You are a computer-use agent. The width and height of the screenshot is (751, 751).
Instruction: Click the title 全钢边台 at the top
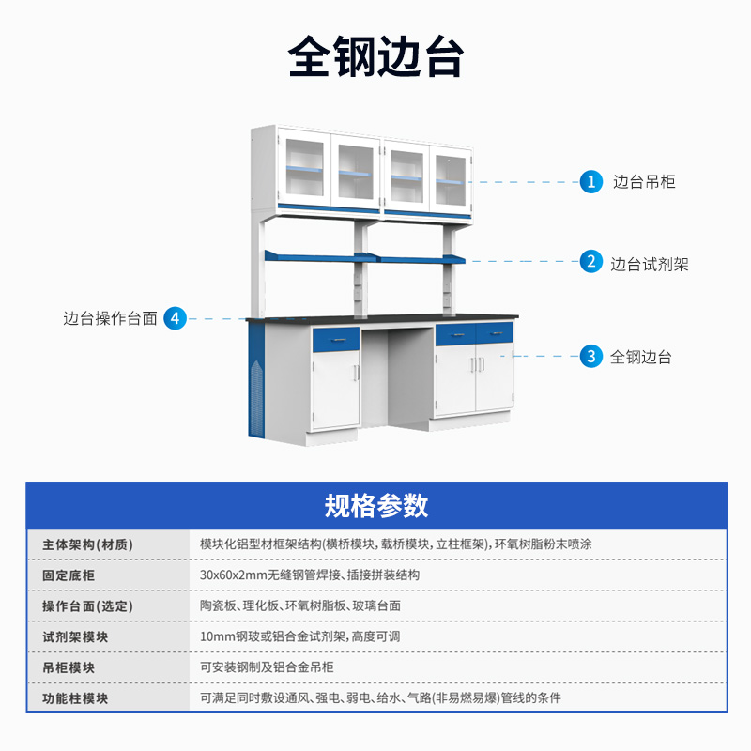[x=375, y=57]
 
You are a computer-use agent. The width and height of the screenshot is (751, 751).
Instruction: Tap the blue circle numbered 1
[x=590, y=182]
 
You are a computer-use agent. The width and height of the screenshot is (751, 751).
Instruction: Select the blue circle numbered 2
[x=590, y=262]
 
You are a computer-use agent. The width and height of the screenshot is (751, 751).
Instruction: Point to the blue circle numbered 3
[x=590, y=357]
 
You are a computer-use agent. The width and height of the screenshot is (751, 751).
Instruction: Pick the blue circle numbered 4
[x=176, y=318]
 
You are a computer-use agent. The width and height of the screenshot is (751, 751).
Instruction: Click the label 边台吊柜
[x=644, y=182]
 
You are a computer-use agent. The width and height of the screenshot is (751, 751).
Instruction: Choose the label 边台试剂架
[x=650, y=264]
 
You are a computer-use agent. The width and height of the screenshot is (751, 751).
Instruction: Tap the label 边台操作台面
[x=110, y=318]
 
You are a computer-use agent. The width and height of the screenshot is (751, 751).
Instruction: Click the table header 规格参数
[x=375, y=505]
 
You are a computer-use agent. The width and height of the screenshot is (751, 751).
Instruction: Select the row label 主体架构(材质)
[x=87, y=544]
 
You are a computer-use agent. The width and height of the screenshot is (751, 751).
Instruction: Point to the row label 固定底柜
[x=69, y=575]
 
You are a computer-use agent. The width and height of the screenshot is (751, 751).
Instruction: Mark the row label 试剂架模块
[x=75, y=636]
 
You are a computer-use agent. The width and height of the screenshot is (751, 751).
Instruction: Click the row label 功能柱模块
[x=75, y=698]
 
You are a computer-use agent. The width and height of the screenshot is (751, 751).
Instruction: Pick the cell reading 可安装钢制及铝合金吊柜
[x=267, y=667]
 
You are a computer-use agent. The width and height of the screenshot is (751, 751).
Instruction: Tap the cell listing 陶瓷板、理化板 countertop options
[x=300, y=605]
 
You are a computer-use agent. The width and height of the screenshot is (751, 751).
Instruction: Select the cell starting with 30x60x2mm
[x=310, y=575]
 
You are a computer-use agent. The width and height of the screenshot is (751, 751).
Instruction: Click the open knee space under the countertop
[x=397, y=375]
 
